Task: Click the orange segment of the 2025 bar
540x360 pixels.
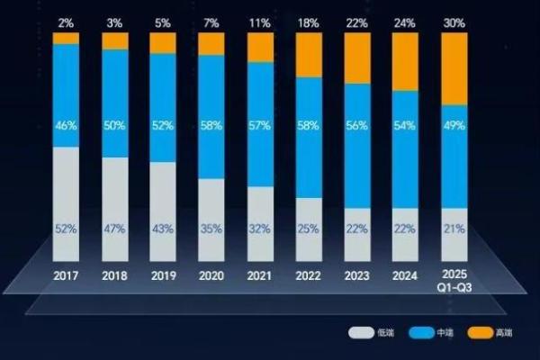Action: (454, 70)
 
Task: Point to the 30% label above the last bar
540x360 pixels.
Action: (454, 21)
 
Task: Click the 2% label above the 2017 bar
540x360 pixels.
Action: (66, 21)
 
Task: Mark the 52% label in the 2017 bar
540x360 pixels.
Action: (66, 229)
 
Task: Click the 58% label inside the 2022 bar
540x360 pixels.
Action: (309, 126)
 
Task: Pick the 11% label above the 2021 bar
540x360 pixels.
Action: (260, 21)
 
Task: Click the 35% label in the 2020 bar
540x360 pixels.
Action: (211, 229)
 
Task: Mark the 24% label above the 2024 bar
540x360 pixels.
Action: (406, 21)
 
